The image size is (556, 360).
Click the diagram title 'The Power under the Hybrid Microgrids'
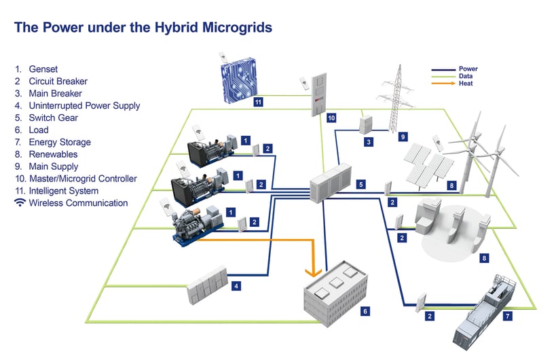(x=143, y=28)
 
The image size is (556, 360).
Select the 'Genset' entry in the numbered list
(x=44, y=69)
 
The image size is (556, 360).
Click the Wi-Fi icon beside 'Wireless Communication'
(x=20, y=203)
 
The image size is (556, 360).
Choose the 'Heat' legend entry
(x=466, y=84)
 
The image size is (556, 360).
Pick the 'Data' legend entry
(x=466, y=76)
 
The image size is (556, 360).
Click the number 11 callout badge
(x=258, y=103)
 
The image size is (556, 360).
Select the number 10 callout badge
(x=331, y=118)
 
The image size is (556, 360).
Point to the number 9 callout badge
(x=403, y=137)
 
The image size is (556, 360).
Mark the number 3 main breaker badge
(x=368, y=142)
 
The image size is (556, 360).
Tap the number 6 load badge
(x=365, y=310)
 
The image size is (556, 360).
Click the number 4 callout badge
(x=236, y=287)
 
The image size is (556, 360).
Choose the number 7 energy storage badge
(x=508, y=316)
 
